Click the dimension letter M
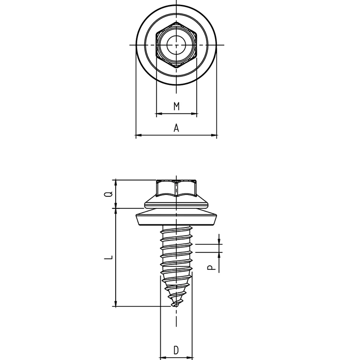pos(176,106)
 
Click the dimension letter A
pos(176,128)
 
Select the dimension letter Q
pos(109,194)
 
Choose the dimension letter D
pos(176,349)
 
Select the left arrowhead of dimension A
pos(138,136)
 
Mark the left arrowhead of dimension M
pos(159,114)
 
